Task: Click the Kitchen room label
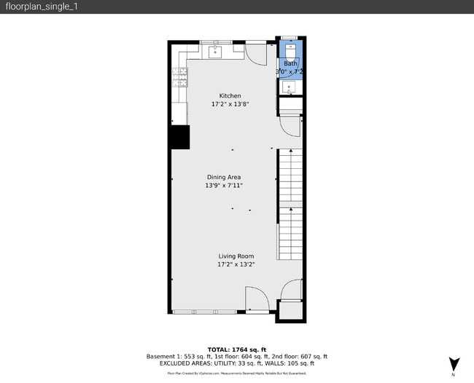click(230, 95)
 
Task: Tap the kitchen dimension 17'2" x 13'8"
click(230, 104)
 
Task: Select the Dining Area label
click(224, 177)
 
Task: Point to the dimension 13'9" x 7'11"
click(224, 186)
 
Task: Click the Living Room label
click(236, 256)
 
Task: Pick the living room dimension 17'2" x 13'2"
click(236, 264)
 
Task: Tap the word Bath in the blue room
click(290, 63)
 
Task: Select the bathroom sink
click(290, 87)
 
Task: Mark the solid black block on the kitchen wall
click(179, 137)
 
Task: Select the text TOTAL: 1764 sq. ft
click(237, 350)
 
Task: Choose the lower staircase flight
click(290, 232)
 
